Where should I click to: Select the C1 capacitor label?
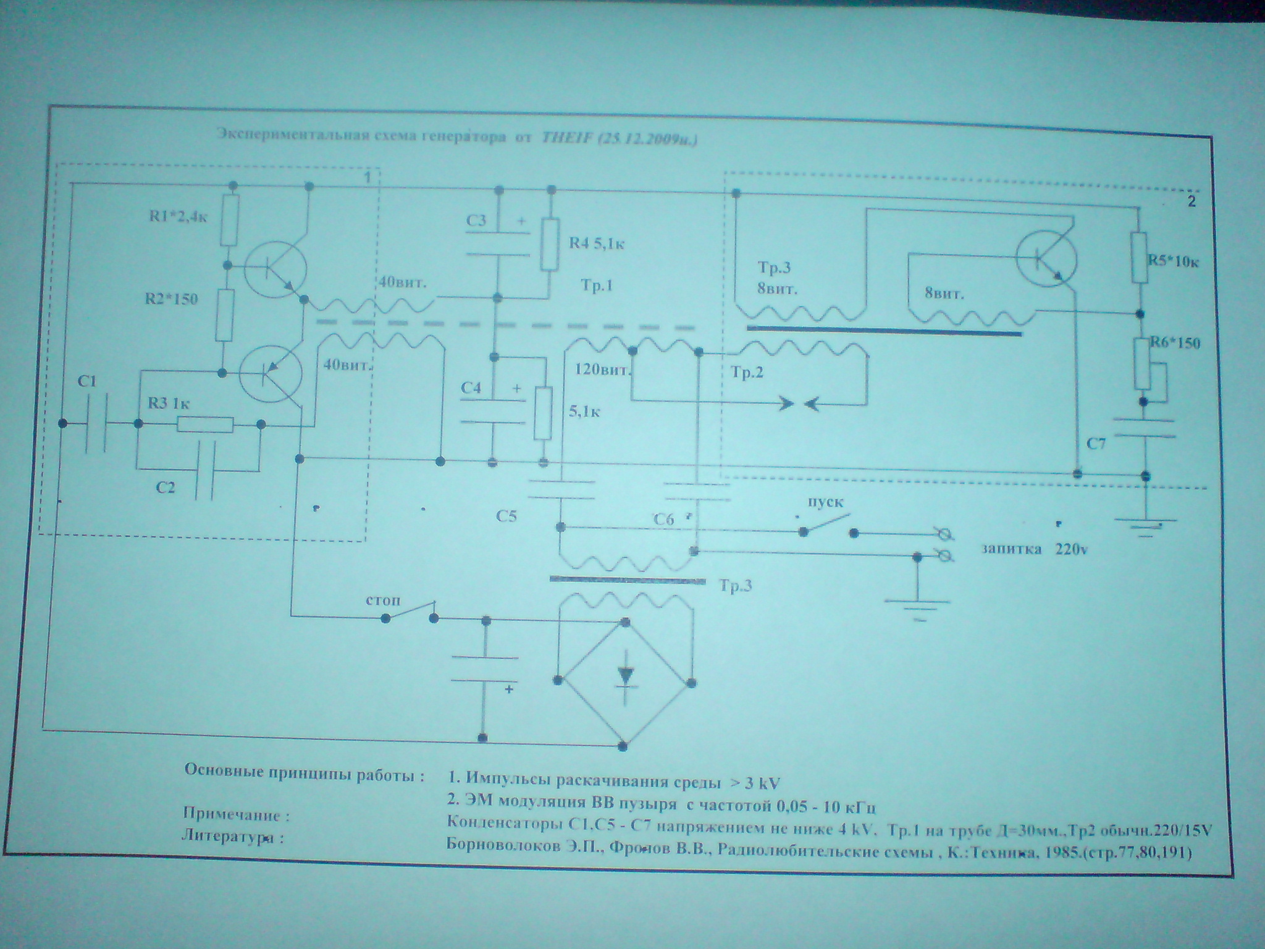[87, 382]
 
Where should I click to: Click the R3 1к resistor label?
[168, 405]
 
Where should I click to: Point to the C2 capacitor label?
[165, 487]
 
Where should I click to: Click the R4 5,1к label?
[597, 243]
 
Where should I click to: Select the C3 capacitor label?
[476, 220]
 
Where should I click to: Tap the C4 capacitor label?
[472, 389]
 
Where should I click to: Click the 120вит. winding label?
[602, 371]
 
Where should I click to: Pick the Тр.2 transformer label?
[747, 373]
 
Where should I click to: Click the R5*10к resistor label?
[1173, 261]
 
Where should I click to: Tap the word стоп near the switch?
[383, 601]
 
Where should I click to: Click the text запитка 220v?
[1035, 549]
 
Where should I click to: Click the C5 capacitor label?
[505, 517]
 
